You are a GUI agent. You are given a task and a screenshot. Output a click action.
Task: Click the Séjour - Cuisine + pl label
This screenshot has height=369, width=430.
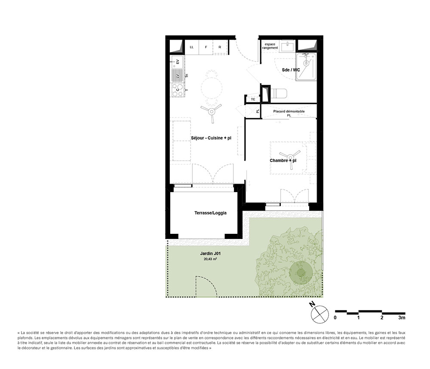(211, 138)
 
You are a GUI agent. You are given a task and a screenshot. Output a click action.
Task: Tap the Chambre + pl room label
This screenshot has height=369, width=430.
(283, 161)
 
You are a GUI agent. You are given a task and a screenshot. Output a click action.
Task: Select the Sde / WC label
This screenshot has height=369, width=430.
(291, 69)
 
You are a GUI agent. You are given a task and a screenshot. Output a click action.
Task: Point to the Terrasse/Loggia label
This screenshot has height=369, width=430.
(210, 213)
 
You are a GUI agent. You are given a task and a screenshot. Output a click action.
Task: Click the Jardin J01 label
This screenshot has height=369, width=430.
(211, 254)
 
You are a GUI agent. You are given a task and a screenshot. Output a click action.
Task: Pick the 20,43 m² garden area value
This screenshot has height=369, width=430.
(210, 260)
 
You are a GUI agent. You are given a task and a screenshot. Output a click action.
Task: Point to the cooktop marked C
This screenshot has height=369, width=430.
(177, 90)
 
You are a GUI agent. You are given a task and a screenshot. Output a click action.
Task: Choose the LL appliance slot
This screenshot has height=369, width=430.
(192, 47)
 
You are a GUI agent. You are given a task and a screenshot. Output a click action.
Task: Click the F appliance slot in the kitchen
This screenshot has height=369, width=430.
(206, 47)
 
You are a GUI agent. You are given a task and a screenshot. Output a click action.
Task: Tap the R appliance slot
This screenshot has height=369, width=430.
(219, 47)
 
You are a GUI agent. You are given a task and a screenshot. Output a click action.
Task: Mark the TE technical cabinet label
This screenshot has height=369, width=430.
(253, 99)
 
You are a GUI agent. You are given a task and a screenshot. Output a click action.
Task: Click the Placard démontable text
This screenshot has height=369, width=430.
(289, 112)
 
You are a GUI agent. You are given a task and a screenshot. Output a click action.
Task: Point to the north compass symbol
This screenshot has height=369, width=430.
(319, 314)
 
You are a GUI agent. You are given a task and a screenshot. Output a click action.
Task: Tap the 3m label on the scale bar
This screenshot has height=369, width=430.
(402, 318)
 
